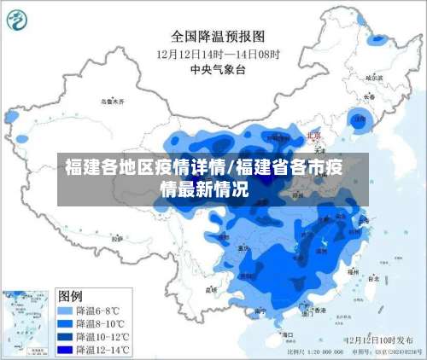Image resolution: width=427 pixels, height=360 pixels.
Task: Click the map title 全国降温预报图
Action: (x=218, y=36)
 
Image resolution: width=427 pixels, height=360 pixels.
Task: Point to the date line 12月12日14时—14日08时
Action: (x=218, y=53)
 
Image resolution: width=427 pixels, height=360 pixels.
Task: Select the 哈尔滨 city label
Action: (x=373, y=78)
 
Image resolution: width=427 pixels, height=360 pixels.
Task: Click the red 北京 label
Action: (x=313, y=136)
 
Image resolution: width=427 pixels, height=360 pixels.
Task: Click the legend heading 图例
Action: (x=70, y=296)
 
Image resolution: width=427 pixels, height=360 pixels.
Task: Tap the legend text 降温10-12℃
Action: (x=103, y=336)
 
